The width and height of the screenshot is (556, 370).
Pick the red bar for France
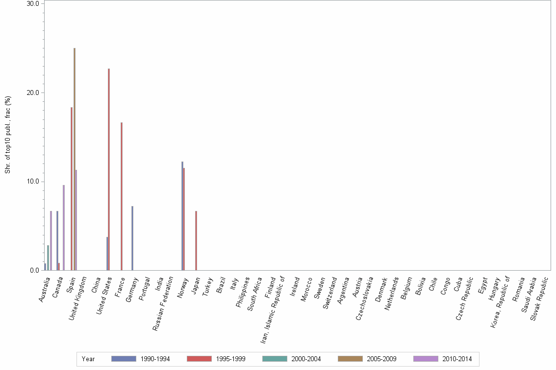coord(122,196)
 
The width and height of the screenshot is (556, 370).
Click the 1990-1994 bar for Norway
coord(182,216)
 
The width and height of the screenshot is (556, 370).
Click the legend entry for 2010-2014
coord(442,359)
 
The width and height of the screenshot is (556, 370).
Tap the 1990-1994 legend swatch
coord(124,359)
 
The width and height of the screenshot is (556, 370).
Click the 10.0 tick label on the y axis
coord(33,182)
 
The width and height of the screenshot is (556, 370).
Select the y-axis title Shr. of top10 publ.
coord(7,135)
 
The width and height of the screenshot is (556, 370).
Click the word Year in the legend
coord(89,359)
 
